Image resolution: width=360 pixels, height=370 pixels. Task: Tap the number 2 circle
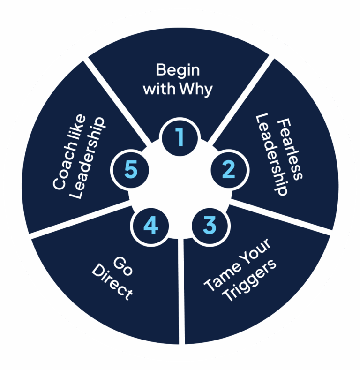pyautogui.click(x=228, y=169)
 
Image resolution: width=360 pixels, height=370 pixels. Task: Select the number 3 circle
pyautogui.click(x=210, y=225)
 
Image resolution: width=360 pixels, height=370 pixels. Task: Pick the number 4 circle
pyautogui.click(x=150, y=226)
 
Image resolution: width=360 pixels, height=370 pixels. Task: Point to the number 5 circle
pyautogui.click(x=130, y=170)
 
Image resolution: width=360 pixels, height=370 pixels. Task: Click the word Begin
pyautogui.click(x=178, y=70)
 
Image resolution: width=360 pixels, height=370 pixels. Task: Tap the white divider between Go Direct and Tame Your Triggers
pyautogui.click(x=181, y=291)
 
